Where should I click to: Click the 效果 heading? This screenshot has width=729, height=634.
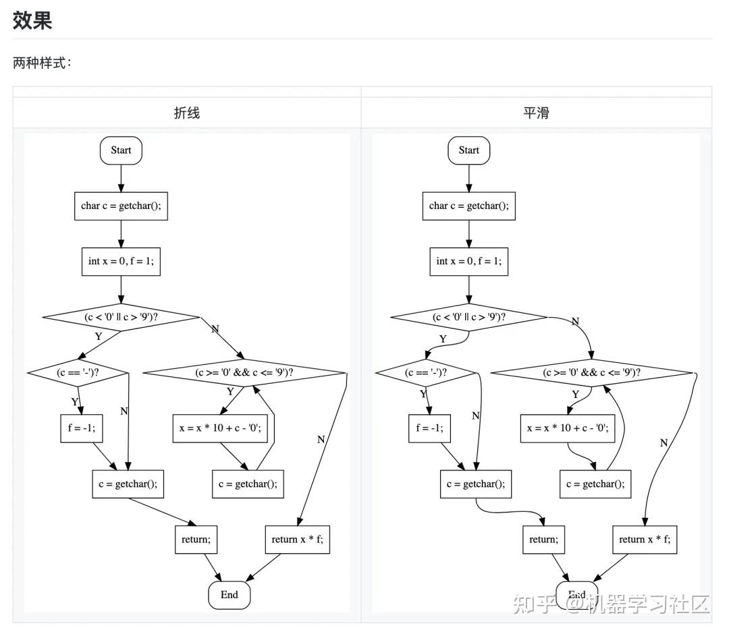point(32,20)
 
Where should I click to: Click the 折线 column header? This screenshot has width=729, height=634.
point(187,113)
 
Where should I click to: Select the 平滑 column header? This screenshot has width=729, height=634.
point(536,113)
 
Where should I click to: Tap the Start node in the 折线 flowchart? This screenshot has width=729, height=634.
point(121,150)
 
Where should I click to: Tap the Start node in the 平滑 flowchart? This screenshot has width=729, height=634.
point(468,150)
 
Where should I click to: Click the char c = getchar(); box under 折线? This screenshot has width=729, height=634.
point(121,206)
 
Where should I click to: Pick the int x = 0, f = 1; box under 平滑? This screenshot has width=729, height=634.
point(468,261)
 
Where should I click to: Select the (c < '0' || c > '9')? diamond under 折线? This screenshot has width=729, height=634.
point(121,316)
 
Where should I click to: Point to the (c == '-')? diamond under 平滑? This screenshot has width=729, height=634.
point(427,372)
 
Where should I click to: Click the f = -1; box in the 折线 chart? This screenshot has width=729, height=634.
point(81,428)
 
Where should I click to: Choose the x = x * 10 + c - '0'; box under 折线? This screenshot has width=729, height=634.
point(225,428)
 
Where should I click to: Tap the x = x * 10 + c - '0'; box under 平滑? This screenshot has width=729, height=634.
point(568,428)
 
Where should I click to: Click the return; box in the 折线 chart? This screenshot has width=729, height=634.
point(196,539)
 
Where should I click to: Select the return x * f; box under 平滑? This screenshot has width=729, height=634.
point(645,539)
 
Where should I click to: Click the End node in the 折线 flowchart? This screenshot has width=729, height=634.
point(229,595)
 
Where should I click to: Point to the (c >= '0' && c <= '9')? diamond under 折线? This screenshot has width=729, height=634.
point(244,372)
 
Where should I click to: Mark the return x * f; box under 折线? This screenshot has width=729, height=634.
point(297,539)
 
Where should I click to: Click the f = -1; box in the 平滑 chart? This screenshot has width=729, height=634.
point(429,428)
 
